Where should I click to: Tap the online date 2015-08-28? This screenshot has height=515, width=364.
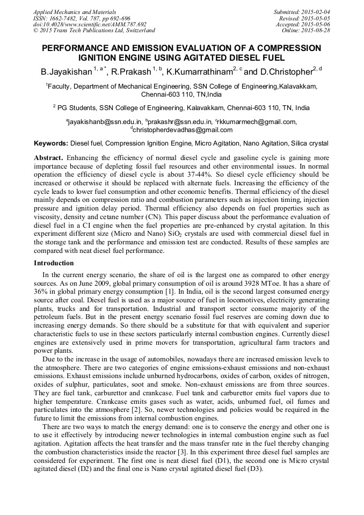[317, 30]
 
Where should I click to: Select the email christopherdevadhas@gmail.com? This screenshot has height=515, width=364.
[183, 129]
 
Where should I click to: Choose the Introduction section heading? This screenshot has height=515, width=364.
[54, 263]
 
